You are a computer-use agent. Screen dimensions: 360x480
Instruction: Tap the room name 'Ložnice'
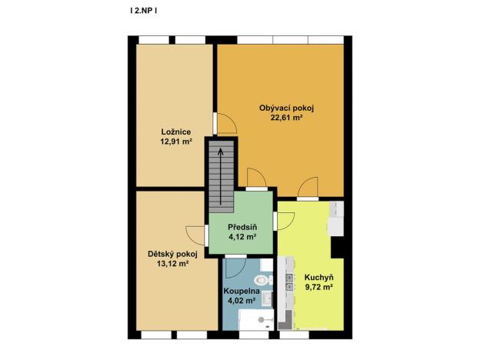pos(175,131)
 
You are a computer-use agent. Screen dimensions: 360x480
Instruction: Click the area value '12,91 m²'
pos(175,142)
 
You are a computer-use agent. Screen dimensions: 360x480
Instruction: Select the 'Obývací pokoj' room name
pos(286,108)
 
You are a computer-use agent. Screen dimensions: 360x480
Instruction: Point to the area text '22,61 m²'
pos(286,118)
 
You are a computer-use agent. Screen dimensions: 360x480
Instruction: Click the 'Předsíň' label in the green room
pos(242,227)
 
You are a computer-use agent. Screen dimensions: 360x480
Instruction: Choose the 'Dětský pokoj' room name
pos(172,252)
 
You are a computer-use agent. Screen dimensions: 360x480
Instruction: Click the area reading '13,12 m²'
pos(172,263)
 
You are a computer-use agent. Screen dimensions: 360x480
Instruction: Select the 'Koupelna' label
pos(240,292)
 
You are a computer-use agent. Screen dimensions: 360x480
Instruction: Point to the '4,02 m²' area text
pos(240,302)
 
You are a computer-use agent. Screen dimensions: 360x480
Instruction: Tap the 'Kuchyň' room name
pos(318,276)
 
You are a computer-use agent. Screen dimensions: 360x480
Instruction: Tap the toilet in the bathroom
pos(263,280)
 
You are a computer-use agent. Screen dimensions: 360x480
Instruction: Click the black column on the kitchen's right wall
pos(337,246)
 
